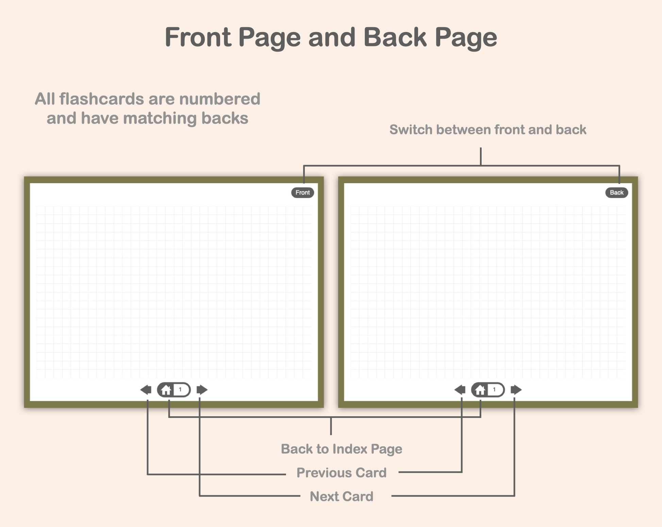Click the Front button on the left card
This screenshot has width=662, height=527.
pos(302,193)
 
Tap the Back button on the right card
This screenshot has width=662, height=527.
pos(616,193)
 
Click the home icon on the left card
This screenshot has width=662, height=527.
pos(166,390)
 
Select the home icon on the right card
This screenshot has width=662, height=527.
pos(480,390)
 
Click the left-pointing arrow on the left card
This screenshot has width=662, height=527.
pos(146,390)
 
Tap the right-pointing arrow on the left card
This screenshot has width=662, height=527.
pos(202,390)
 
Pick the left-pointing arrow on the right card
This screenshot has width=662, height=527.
pos(460,390)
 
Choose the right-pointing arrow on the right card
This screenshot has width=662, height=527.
pos(516,390)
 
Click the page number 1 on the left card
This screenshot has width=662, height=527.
pos(180,390)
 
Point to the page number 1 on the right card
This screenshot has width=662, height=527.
pos(494,390)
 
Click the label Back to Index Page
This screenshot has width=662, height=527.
pos(342,449)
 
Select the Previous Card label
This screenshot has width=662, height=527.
pos(342,473)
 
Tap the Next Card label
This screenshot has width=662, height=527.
pos(342,496)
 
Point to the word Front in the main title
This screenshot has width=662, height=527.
pos(198,37)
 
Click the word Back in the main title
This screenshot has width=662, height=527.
pos(395,37)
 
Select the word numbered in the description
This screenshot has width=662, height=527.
pos(220,99)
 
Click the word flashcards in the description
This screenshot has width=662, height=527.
pos(101,99)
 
